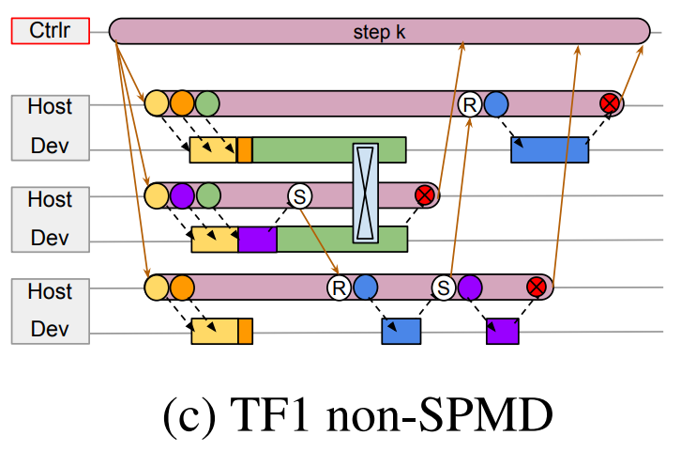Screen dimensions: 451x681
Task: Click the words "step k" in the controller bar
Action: [x=380, y=31]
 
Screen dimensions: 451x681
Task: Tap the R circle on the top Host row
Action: [x=470, y=104]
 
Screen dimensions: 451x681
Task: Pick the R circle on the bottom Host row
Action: [x=340, y=287]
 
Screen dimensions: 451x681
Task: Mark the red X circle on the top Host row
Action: [x=611, y=104]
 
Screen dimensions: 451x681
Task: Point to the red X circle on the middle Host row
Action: [x=424, y=195]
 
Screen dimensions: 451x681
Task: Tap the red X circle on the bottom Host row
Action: [x=537, y=287]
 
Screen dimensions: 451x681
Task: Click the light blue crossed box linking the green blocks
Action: [x=366, y=193]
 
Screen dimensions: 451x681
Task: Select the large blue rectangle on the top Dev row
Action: [x=550, y=149]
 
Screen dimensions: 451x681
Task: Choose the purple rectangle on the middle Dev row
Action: [x=257, y=240]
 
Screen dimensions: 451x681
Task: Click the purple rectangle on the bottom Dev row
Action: [x=502, y=331]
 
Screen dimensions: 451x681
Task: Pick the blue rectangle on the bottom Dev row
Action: [x=401, y=331]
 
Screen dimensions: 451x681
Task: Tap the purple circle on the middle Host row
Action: [x=182, y=195]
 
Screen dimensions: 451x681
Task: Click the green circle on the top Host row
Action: [x=206, y=104]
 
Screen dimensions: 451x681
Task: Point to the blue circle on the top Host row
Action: [x=496, y=104]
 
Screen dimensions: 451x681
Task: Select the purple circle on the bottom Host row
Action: [x=470, y=287]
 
